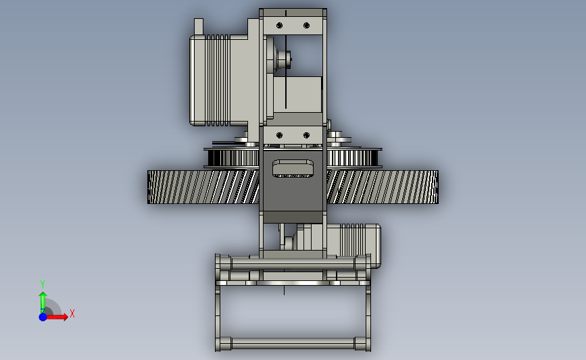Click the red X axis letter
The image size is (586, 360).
coord(72,313)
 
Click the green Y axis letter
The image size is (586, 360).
coord(43,284)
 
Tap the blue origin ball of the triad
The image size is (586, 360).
coord(43,317)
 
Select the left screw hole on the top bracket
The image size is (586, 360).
coord(280,26)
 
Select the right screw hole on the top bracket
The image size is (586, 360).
coord(306,26)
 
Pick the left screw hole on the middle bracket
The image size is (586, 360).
coord(280,135)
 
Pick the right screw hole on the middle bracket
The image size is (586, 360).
coord(306,135)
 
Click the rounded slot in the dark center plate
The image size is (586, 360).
coord(293,168)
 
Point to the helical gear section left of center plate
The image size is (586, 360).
coord(203,187)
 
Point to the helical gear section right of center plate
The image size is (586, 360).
coord(383,187)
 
